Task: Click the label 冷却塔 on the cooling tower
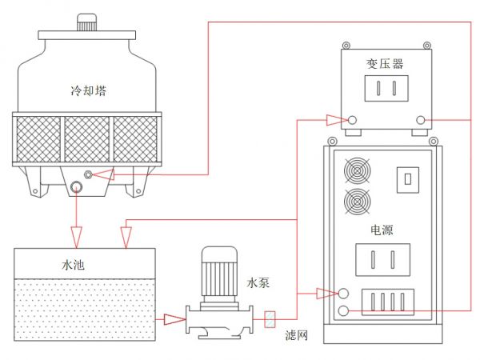pos(89,90)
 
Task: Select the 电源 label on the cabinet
pos(382,230)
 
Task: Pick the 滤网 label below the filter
pos(298,337)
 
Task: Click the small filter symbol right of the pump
pos(270,320)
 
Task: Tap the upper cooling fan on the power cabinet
pos(358,172)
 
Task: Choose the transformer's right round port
pos(421,121)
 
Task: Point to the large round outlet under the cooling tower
pos(76,187)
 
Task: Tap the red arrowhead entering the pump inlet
pos(174,320)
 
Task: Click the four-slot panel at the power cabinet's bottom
pos(388,302)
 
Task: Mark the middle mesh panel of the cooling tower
pos(88,138)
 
